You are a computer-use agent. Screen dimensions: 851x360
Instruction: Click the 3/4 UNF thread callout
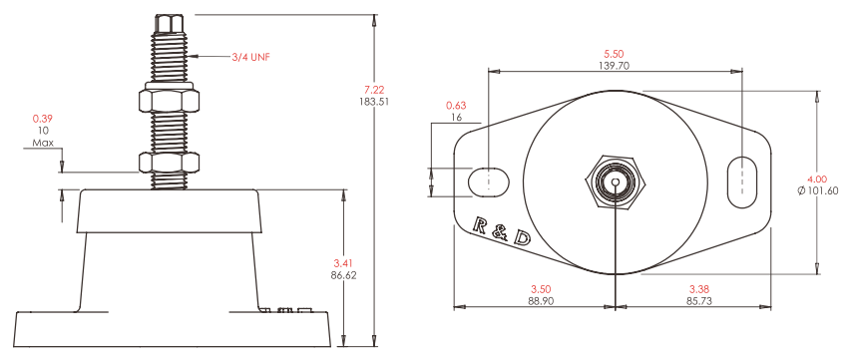tap(250, 56)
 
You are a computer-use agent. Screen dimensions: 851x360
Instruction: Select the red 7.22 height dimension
tap(373, 90)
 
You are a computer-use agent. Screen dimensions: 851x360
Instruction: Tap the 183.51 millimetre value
tap(373, 101)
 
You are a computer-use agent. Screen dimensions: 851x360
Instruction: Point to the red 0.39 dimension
tap(42, 119)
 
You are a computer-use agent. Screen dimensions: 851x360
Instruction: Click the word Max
tap(42, 144)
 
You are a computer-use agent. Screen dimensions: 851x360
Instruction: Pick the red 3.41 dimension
tap(343, 264)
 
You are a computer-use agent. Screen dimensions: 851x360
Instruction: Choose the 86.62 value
tap(343, 275)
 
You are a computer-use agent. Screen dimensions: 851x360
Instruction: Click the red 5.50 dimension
tap(614, 54)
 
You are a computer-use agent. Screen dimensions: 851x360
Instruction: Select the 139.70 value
tap(614, 65)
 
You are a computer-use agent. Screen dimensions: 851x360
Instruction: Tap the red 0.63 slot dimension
tap(456, 105)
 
